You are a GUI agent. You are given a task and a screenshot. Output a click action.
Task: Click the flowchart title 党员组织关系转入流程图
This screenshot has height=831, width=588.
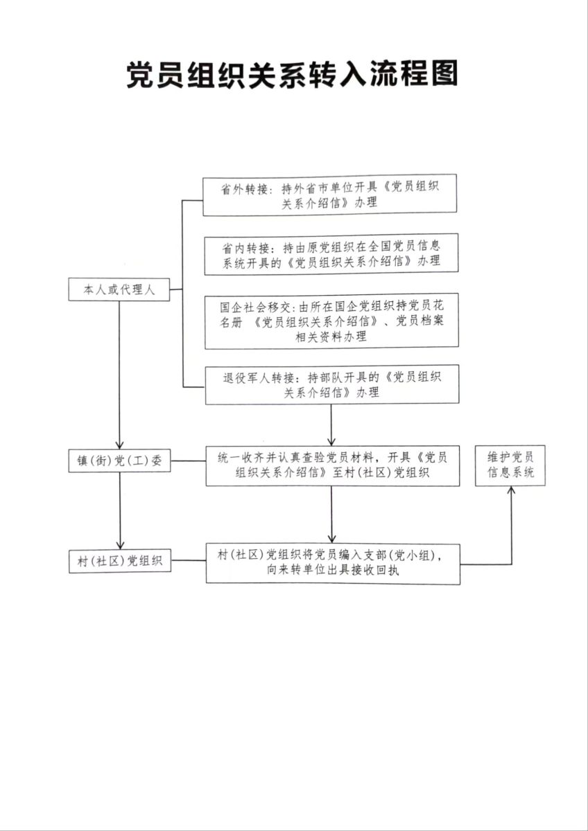tap(292, 75)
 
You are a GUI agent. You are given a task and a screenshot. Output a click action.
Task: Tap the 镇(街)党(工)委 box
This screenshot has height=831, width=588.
tap(119, 461)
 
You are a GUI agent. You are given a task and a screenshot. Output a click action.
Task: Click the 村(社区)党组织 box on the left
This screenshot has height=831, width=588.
tap(119, 561)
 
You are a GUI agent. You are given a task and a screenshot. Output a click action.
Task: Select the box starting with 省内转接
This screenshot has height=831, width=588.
tap(331, 254)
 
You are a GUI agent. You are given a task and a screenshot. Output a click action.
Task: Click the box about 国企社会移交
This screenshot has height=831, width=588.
tap(331, 321)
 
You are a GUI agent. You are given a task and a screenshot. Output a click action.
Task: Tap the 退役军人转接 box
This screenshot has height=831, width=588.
tap(331, 384)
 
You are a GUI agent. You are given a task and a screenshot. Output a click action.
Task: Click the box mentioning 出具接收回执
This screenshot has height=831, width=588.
tap(333, 563)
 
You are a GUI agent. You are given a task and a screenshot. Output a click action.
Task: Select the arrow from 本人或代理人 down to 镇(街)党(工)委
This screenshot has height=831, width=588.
tap(119, 374)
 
